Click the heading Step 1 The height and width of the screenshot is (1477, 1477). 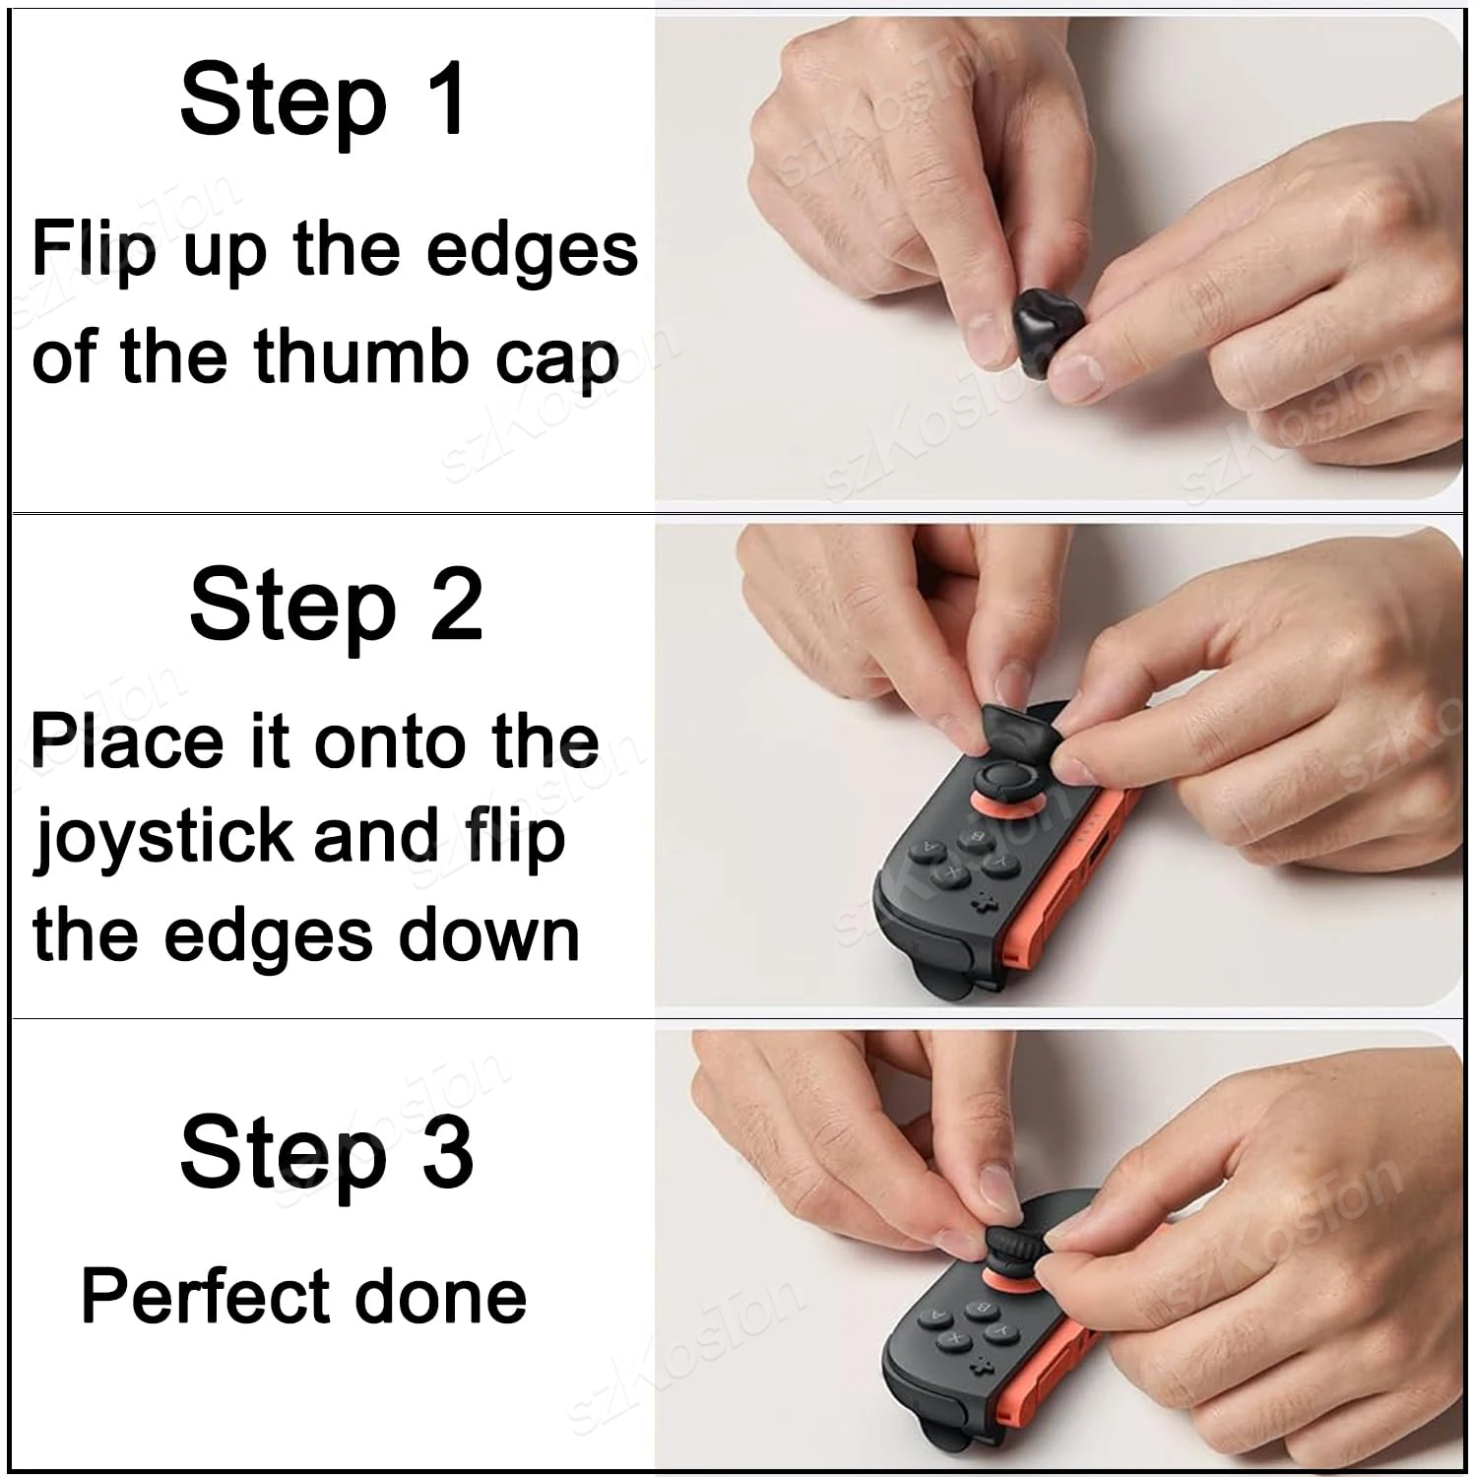[323, 100]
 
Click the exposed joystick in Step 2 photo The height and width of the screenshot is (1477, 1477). [1003, 778]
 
